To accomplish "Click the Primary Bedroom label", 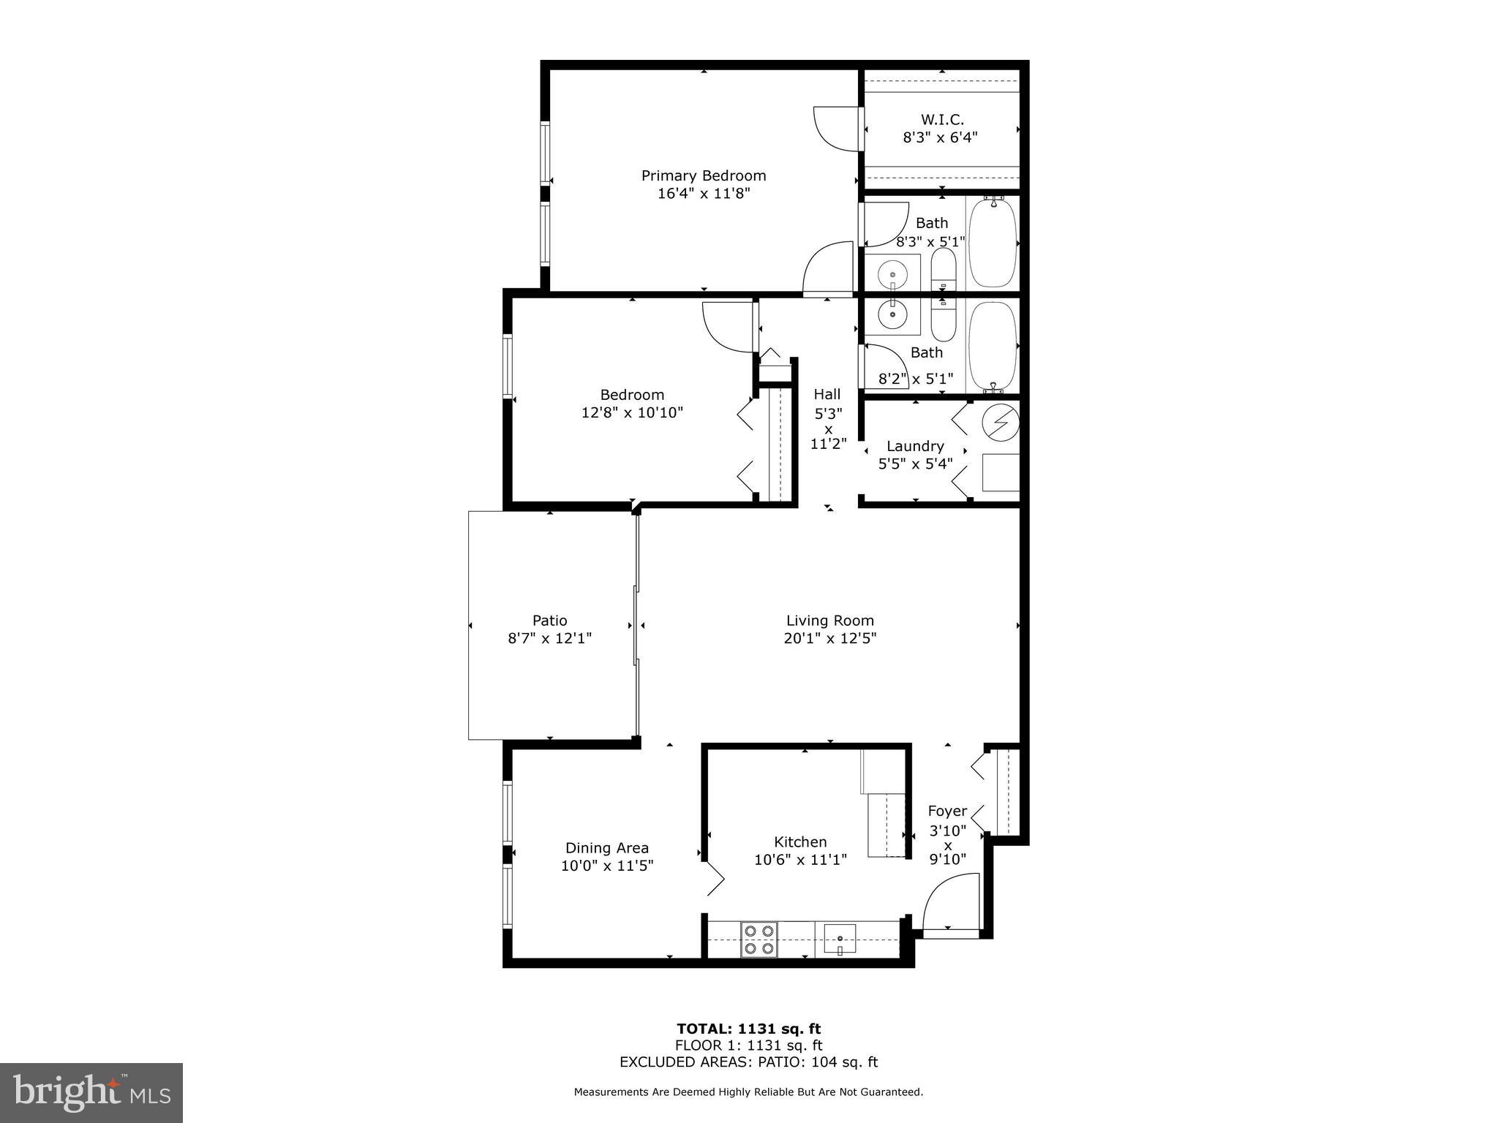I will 703,175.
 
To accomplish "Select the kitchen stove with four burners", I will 759,940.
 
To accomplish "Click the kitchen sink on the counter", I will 840,939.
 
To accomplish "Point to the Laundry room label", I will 915,446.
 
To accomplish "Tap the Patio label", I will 549,621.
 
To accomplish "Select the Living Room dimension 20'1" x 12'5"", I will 829,638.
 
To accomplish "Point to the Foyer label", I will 947,811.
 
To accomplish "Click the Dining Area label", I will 606,848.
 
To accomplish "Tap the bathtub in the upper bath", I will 993,242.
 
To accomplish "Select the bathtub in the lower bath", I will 993,346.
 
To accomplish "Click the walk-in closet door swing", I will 835,129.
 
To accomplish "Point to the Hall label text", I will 827,395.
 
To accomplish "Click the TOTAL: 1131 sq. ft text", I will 748,1029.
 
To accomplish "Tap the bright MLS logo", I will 91,1093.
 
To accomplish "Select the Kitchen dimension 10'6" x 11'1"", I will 800,860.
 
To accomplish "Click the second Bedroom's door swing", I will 726,326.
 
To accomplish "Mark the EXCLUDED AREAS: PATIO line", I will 748,1062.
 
